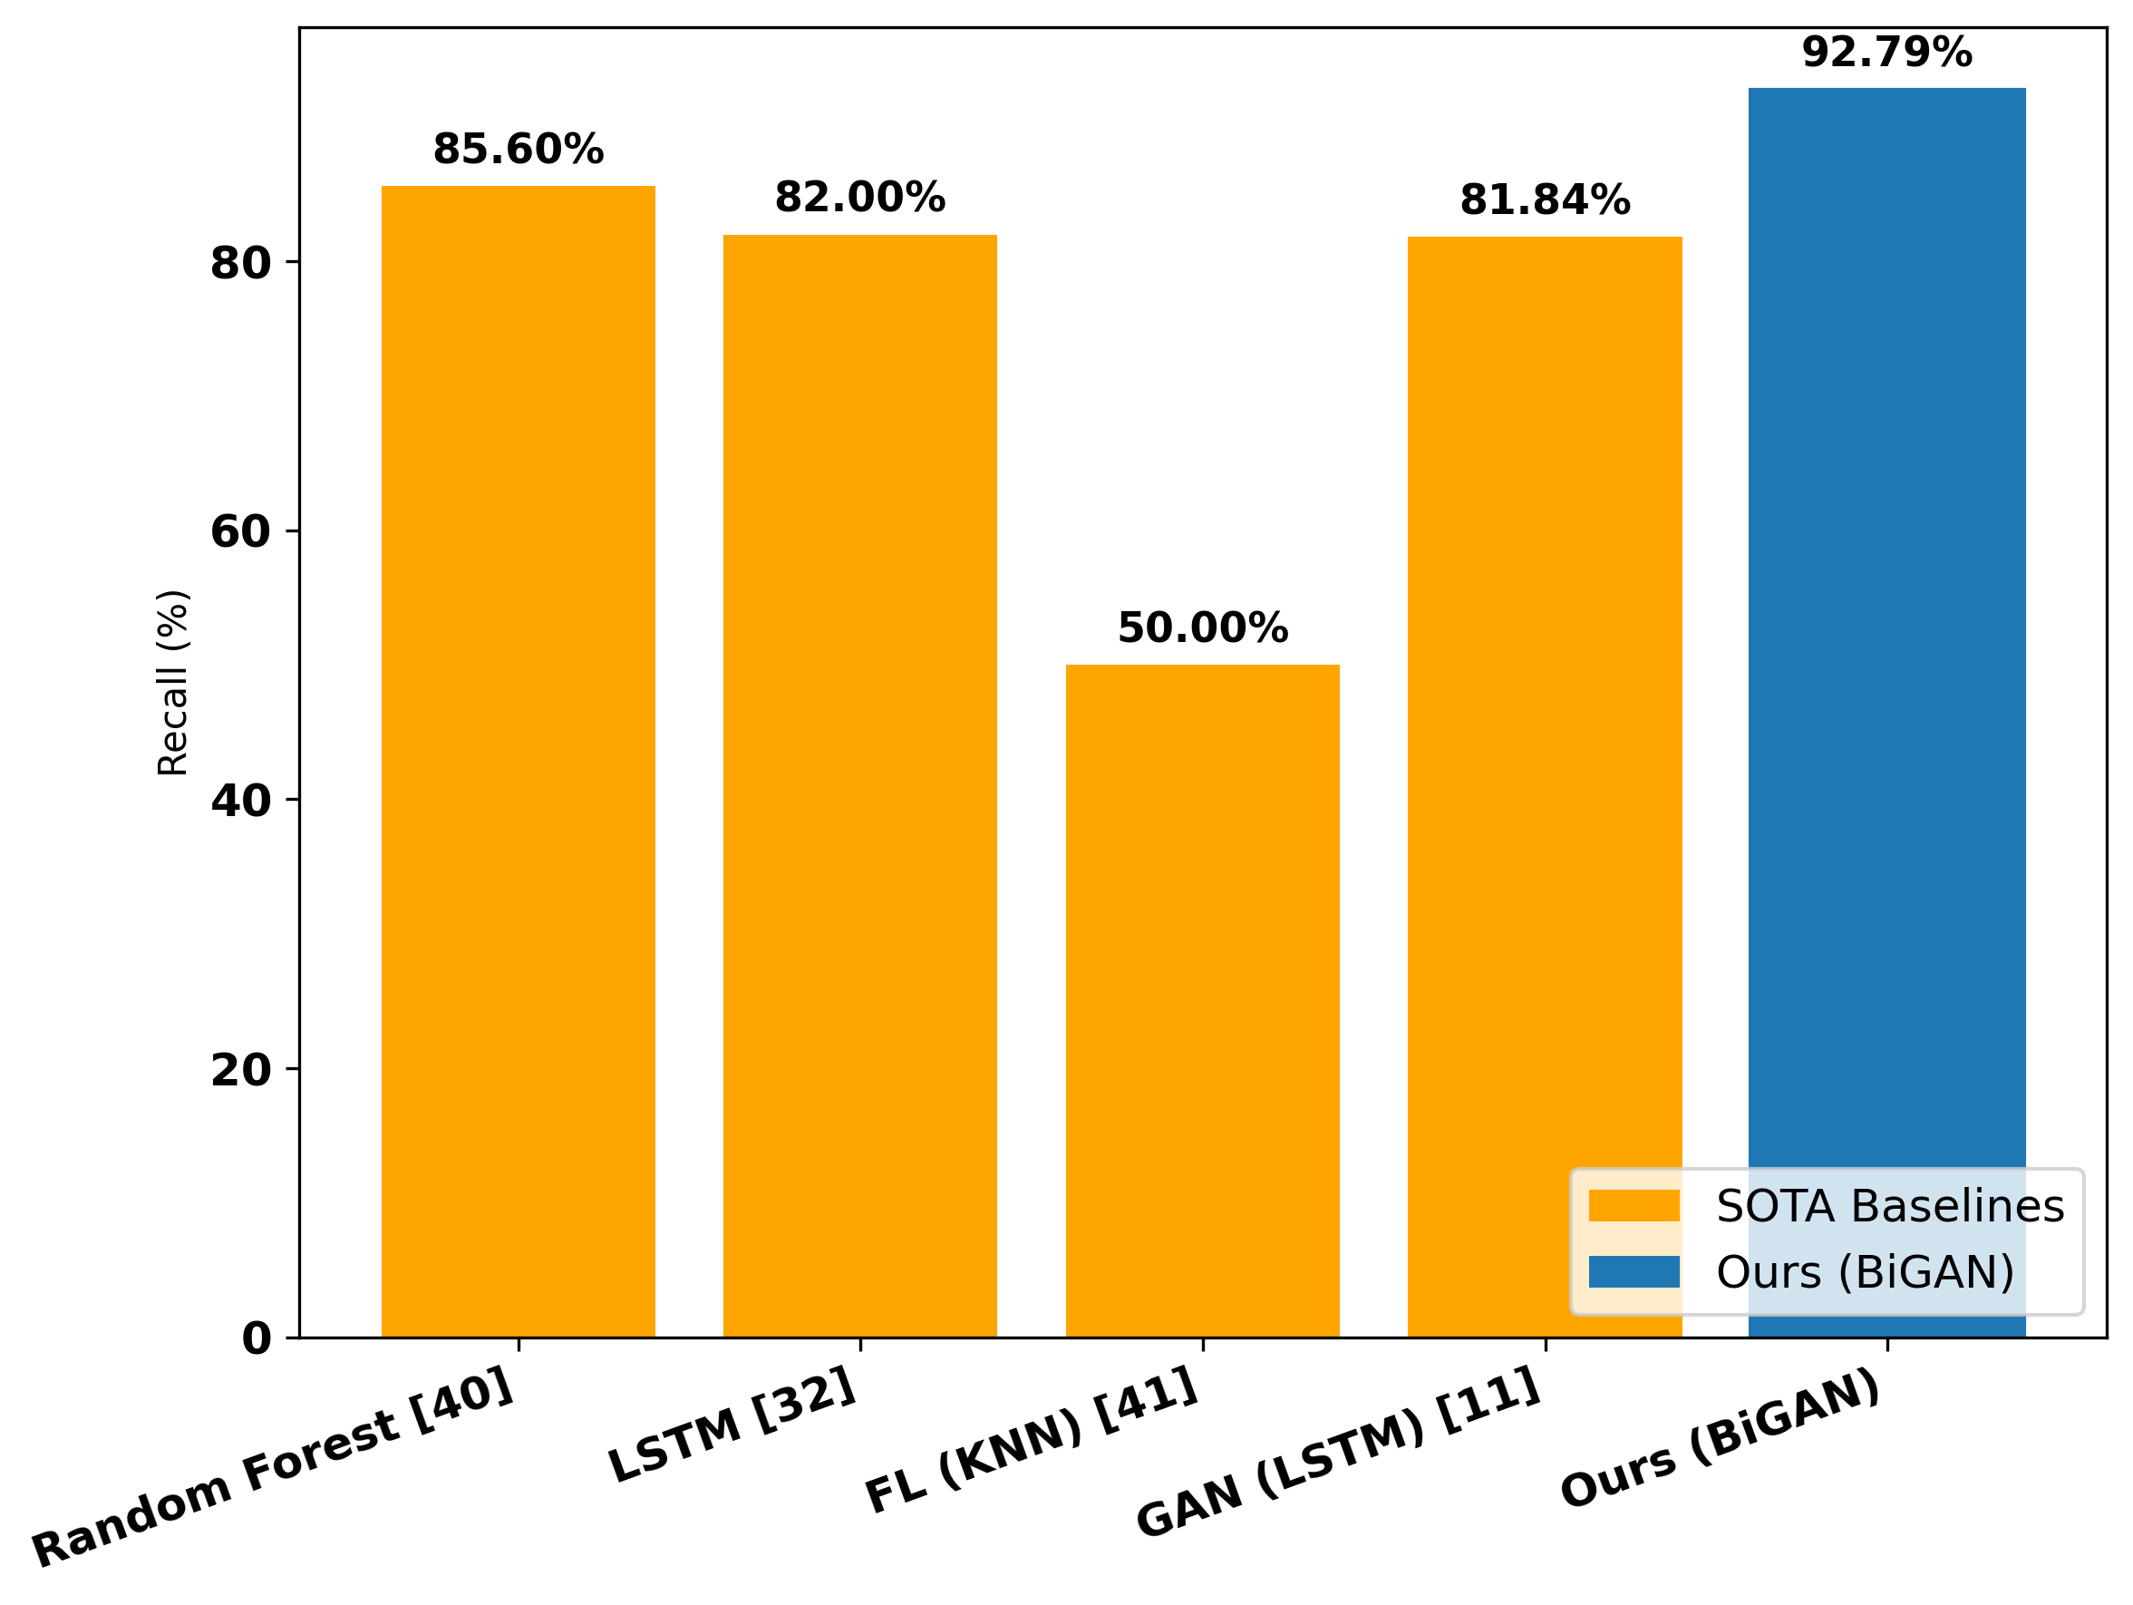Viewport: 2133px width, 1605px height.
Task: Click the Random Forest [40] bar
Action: [518, 762]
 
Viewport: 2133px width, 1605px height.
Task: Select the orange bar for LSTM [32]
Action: [859, 786]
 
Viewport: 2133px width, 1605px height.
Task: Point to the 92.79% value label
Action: [1886, 52]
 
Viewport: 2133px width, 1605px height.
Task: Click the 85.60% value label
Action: [518, 150]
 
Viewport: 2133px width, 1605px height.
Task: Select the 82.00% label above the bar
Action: [859, 198]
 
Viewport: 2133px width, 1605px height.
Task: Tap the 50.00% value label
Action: [1201, 627]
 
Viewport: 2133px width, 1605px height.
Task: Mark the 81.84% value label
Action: [1544, 200]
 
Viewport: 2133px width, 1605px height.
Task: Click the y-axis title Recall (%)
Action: [172, 682]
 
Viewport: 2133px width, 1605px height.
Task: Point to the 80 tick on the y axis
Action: [240, 263]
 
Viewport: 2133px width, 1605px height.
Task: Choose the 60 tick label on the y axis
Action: [240, 531]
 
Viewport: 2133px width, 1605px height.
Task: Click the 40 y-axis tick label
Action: [240, 801]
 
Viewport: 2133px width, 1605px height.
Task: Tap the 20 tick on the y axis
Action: [240, 1070]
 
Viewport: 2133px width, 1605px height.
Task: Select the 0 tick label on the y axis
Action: [257, 1338]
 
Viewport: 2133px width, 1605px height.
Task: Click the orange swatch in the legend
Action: [1634, 1207]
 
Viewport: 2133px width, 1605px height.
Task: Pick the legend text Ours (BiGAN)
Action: [1865, 1272]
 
